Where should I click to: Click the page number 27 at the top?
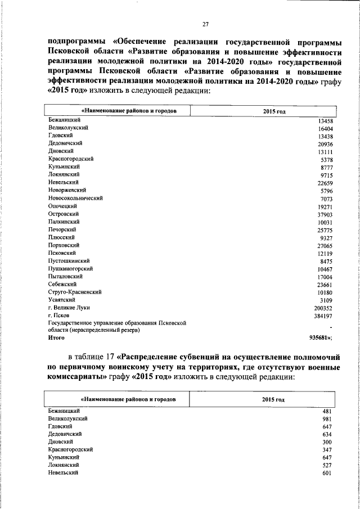pyautogui.click(x=205, y=24)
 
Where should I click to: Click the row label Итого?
pyautogui.click(x=57, y=338)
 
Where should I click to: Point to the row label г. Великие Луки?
pyautogui.click(x=69, y=308)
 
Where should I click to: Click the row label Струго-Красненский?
pyautogui.click(x=75, y=292)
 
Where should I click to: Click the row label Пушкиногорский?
pyautogui.click(x=71, y=269)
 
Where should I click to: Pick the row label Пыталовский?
pyautogui.click(x=66, y=276)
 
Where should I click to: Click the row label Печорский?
pyautogui.click(x=62, y=229)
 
